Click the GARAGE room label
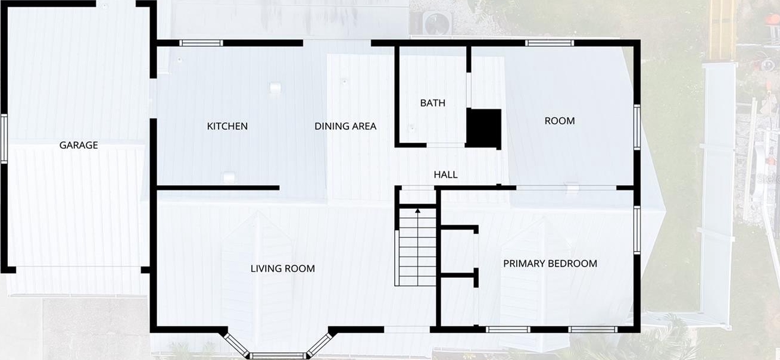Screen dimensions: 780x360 (x=79, y=145)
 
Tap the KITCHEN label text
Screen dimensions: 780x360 (x=227, y=126)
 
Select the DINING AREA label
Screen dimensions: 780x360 (x=345, y=126)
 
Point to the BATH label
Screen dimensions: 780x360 (x=433, y=103)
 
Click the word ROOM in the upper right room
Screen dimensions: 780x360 (x=560, y=121)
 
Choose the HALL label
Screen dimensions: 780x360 (x=446, y=174)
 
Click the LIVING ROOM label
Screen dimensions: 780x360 (x=283, y=268)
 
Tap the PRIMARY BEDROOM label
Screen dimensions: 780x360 (x=550, y=264)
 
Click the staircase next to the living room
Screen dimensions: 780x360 (x=417, y=247)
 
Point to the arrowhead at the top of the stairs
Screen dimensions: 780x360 (x=417, y=211)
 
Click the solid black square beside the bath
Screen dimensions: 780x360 (x=484, y=128)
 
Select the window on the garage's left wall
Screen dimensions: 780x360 (x=4, y=139)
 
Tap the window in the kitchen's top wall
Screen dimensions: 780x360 (x=201, y=43)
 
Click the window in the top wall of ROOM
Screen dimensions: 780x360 (x=550, y=43)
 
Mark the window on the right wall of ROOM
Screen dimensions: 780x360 (x=637, y=127)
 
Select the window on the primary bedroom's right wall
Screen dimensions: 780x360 (x=637, y=230)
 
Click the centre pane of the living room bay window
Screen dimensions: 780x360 (x=277, y=356)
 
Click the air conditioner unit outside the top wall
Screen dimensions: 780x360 (x=437, y=23)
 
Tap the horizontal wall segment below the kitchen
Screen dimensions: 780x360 (x=218, y=188)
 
